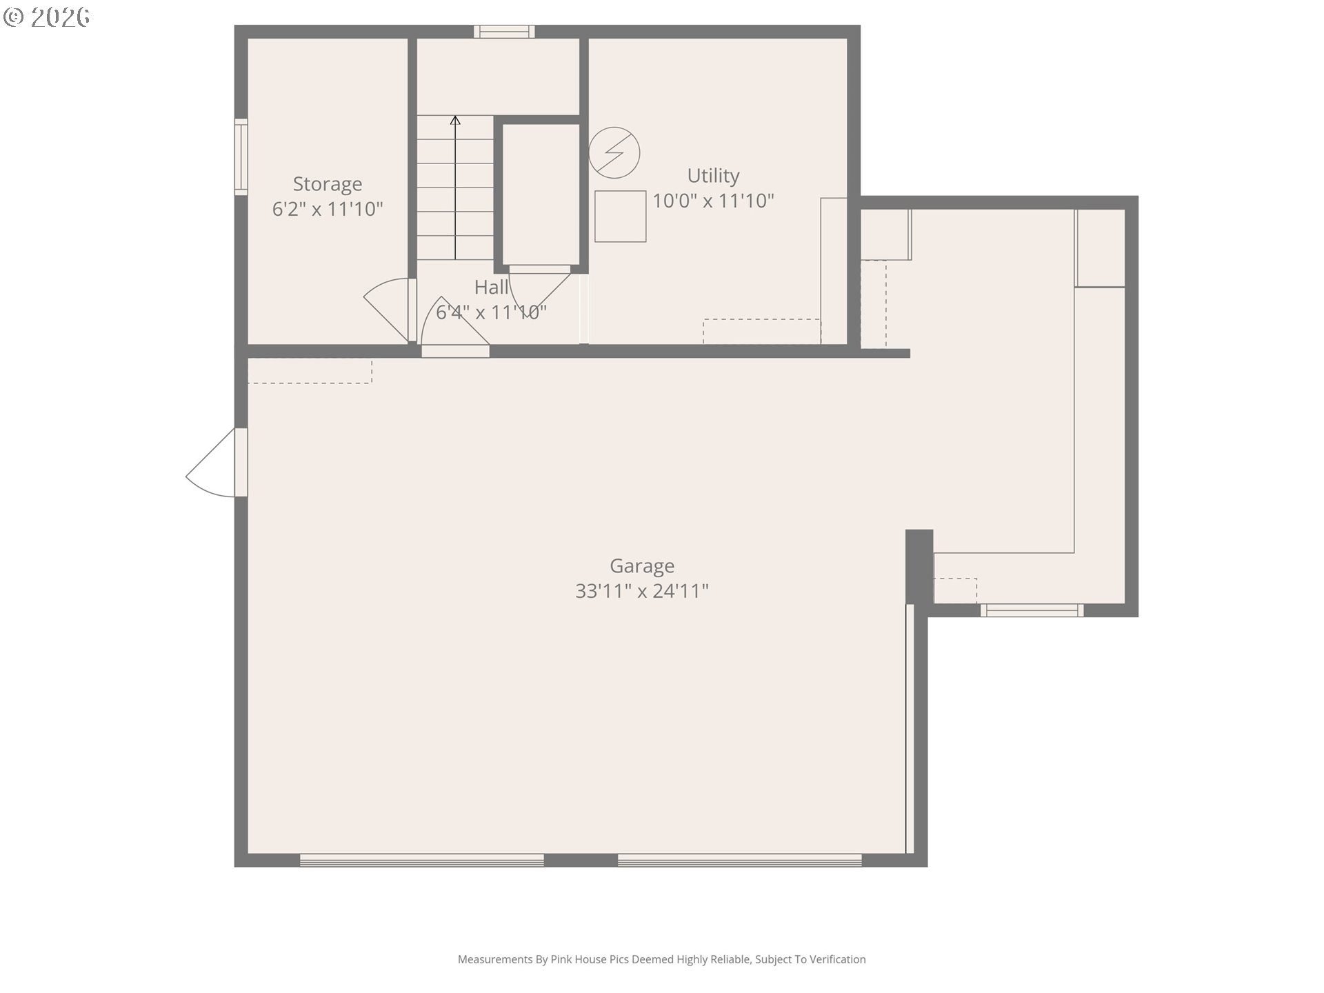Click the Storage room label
click(327, 184)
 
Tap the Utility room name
click(713, 176)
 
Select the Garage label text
click(642, 566)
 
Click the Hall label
click(491, 287)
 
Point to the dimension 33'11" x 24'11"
click(642, 591)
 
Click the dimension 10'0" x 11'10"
click(713, 201)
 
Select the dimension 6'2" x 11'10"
click(327, 209)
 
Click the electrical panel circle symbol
click(614, 152)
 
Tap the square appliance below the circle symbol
click(620, 217)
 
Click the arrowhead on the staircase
click(455, 121)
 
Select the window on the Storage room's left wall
click(241, 157)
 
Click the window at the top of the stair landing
click(504, 31)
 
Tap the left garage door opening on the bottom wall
click(421, 860)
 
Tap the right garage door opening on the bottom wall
click(739, 860)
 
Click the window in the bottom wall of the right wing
click(1032, 610)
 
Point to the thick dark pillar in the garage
click(919, 565)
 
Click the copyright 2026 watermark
click(47, 17)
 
